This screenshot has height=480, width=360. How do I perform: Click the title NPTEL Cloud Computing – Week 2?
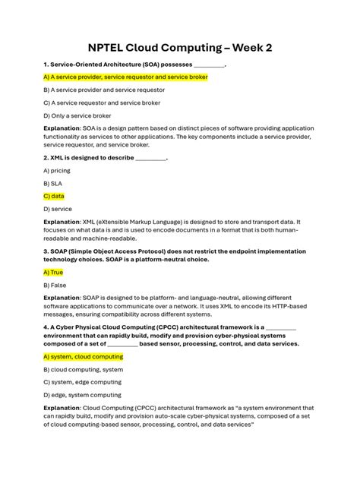coord(179,48)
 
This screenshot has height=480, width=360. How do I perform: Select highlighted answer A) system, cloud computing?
coord(83,355)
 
